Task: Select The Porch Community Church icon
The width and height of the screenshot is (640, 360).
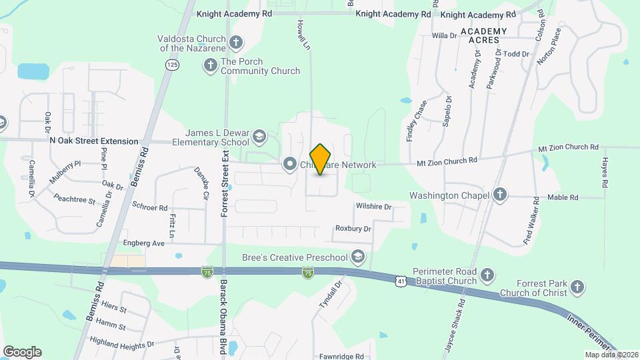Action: tap(211, 65)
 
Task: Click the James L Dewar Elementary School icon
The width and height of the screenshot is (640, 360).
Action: tap(258, 138)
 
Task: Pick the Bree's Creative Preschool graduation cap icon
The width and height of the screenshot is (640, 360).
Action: tap(358, 257)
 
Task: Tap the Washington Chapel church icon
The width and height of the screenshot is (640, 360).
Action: tap(500, 196)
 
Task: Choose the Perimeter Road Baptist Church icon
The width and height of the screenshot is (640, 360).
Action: tap(487, 275)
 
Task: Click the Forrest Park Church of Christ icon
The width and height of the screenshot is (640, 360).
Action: tap(577, 287)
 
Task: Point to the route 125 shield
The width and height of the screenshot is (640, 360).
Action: tap(173, 64)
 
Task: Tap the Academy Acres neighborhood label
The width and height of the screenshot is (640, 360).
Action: tap(483, 36)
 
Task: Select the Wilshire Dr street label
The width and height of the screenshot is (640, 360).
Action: tap(373, 207)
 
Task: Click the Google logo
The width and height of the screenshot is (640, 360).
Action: tap(22, 352)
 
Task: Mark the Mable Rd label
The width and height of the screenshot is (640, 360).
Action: tap(563, 197)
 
